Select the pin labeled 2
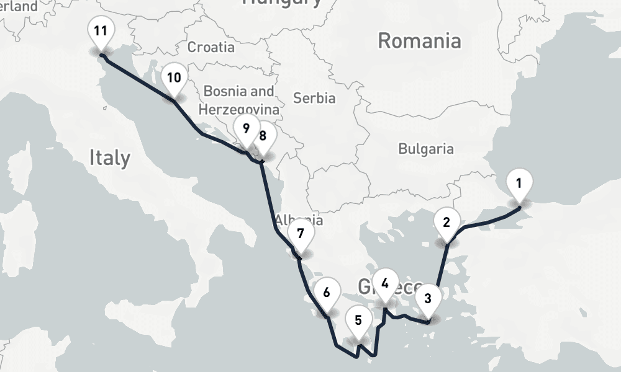point(446,221)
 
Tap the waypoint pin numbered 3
point(427,298)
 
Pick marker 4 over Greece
point(385,284)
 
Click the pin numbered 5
point(358,321)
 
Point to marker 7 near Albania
point(301,234)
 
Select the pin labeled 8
point(263,136)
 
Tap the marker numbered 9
point(246,129)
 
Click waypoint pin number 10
point(174,78)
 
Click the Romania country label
point(419,42)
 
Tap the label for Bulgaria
point(426,149)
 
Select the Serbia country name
point(314,98)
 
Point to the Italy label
point(110,157)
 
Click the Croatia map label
point(211,47)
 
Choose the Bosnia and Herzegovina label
point(238,100)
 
